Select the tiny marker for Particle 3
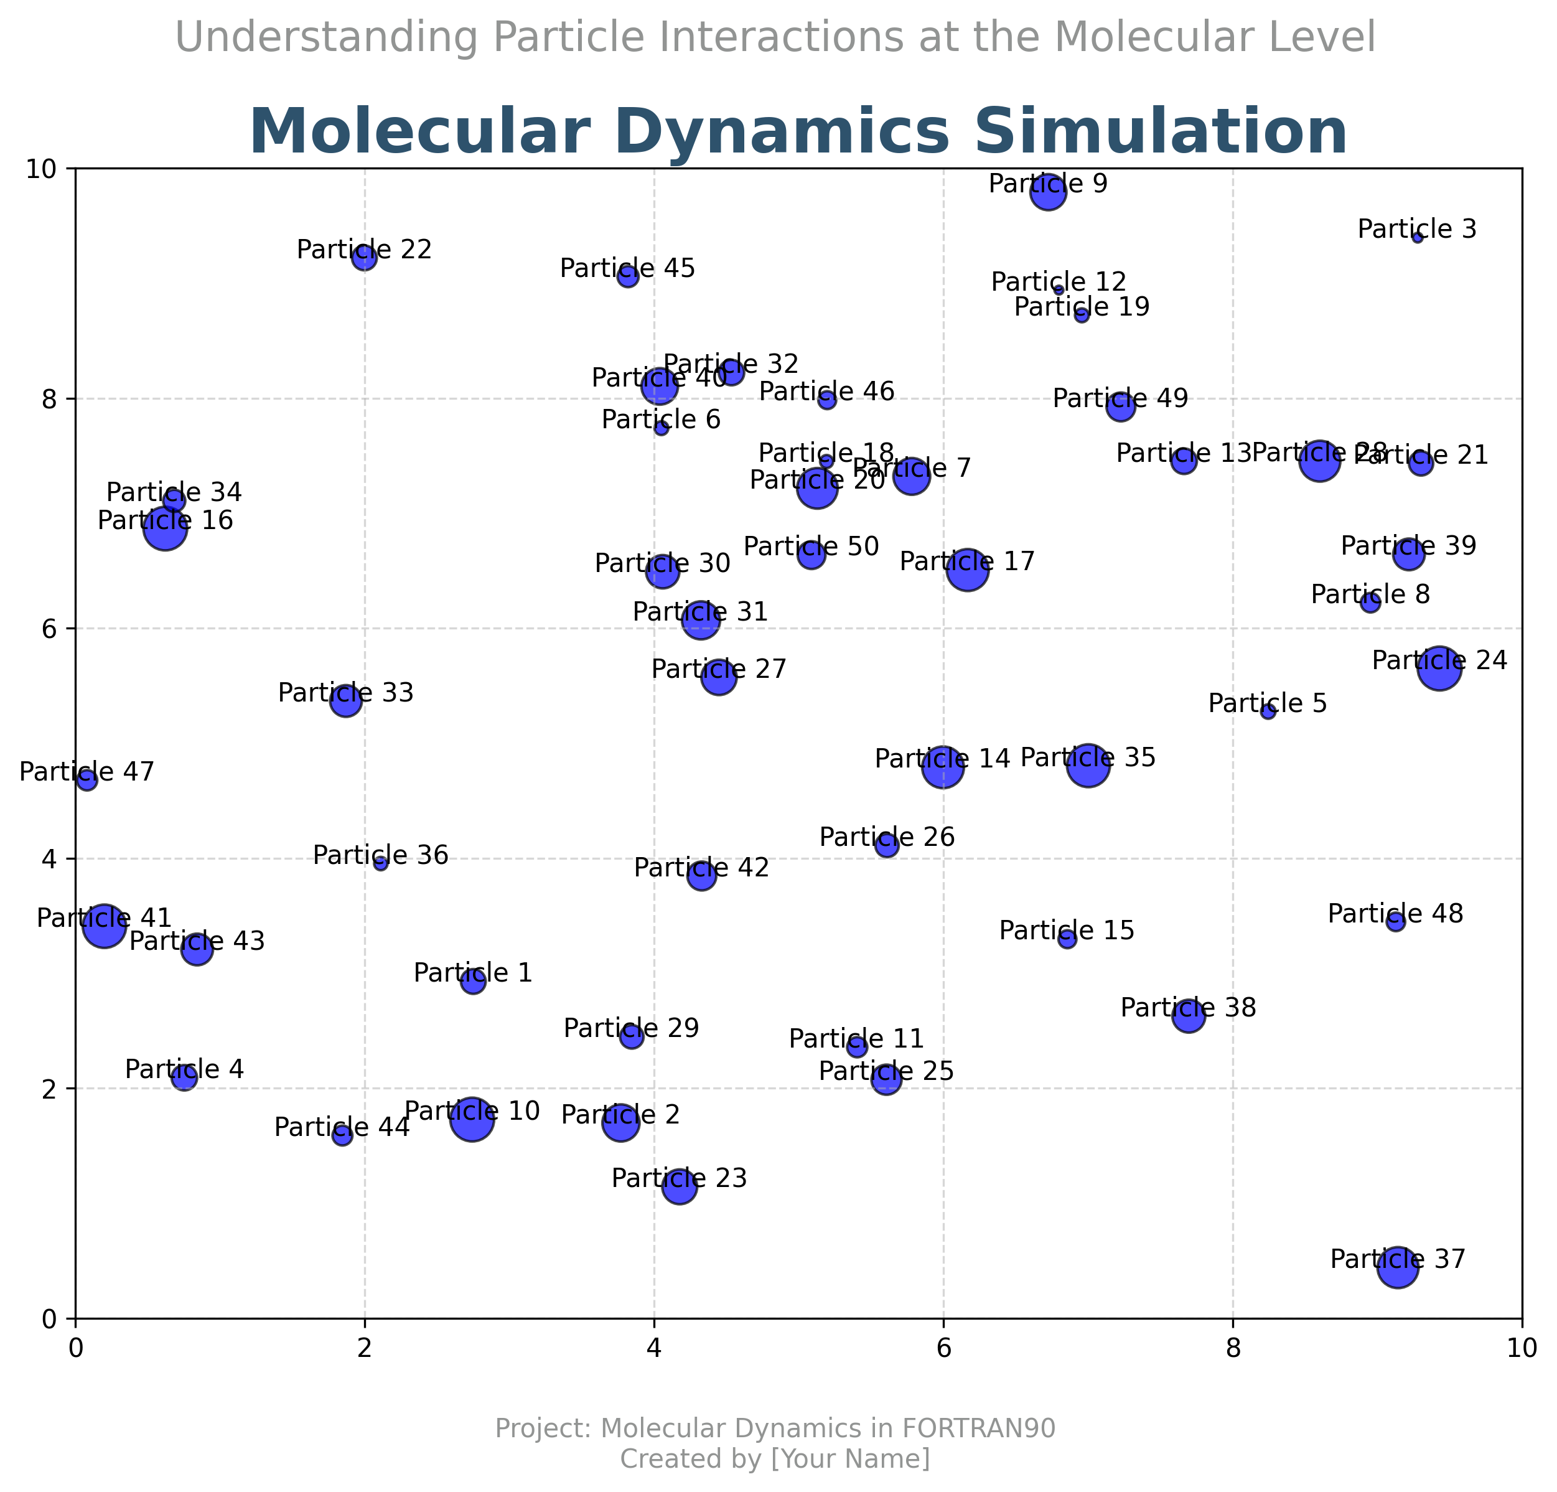pyautogui.click(x=1417, y=238)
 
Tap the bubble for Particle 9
pyautogui.click(x=1049, y=192)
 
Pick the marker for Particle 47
pyautogui.click(x=86, y=780)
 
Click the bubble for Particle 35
pyautogui.click(x=1088, y=766)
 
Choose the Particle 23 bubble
pyautogui.click(x=679, y=1187)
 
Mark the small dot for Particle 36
pyautogui.click(x=380, y=863)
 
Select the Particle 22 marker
pyautogui.click(x=365, y=258)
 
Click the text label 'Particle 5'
pyautogui.click(x=1267, y=703)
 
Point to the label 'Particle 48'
pyautogui.click(x=1395, y=914)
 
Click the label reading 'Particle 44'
pyautogui.click(x=342, y=1127)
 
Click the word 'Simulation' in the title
pyautogui.click(x=1161, y=133)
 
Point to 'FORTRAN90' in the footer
pyautogui.click(x=978, y=1429)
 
